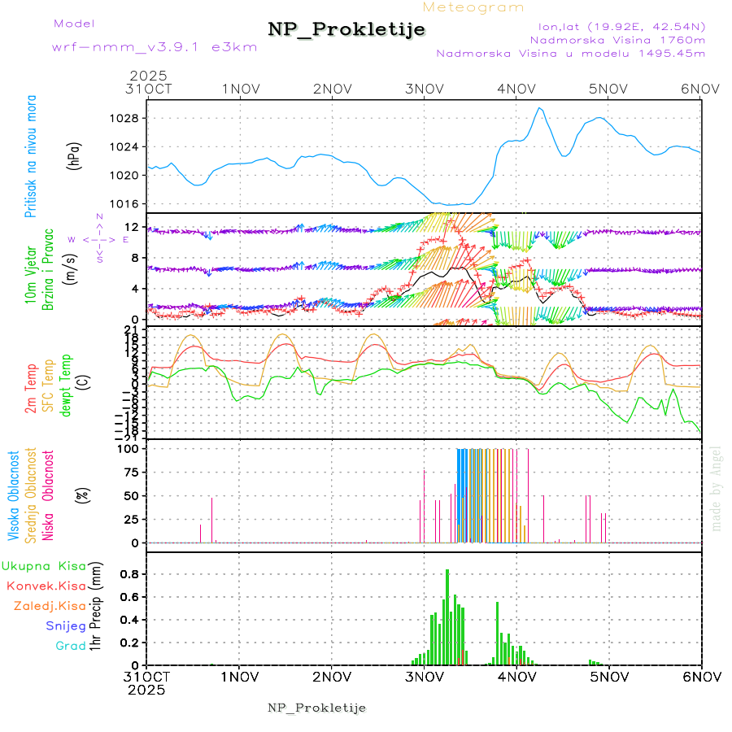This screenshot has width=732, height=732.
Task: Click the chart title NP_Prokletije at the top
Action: tap(346, 29)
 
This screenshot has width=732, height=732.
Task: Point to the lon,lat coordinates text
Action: tap(616, 26)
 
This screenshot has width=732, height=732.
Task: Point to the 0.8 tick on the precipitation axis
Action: tap(130, 573)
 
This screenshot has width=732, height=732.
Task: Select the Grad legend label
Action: tap(72, 646)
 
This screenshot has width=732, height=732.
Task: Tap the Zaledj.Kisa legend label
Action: tap(50, 606)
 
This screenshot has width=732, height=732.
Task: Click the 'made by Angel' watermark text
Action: tap(717, 488)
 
